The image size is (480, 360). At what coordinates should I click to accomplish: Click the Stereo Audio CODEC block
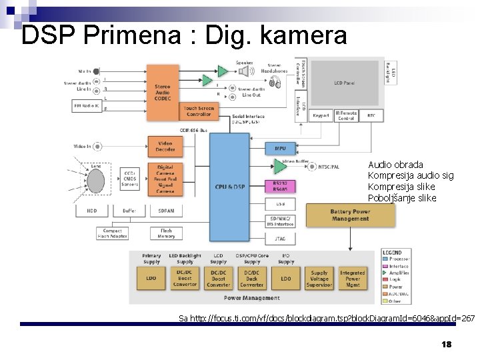tap(162, 92)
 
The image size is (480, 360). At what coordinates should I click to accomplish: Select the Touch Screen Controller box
tap(199, 111)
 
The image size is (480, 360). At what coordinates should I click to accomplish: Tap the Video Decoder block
tap(165, 146)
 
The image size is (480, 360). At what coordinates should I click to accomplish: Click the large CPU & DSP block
tap(229, 187)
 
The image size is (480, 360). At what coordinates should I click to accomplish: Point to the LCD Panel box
tap(344, 83)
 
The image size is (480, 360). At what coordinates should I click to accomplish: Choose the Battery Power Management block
tap(349, 215)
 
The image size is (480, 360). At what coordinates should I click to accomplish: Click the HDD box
tap(91, 211)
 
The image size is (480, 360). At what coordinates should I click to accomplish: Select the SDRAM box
tap(165, 211)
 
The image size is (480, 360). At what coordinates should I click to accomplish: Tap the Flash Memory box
tap(166, 233)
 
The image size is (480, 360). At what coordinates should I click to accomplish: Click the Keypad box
tap(321, 115)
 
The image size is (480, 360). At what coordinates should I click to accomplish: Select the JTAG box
tap(280, 237)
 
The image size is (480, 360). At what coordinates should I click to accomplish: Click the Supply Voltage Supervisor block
tap(319, 278)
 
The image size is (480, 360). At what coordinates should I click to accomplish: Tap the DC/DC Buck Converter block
tap(251, 279)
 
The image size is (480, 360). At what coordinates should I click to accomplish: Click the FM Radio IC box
tap(87, 105)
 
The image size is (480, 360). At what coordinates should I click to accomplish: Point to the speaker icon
tap(245, 70)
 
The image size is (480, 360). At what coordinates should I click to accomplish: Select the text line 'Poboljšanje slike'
tap(402, 198)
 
